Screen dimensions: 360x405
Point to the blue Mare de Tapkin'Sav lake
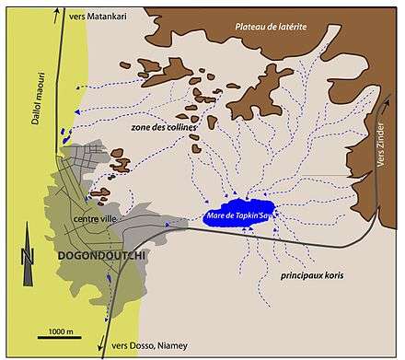coord(241,214)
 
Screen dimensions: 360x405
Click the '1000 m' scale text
coord(61,329)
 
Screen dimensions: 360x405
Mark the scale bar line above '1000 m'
coord(61,318)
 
